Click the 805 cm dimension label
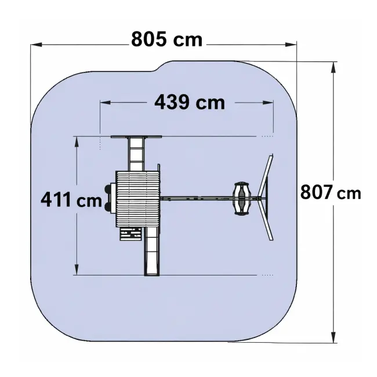pyautogui.click(x=167, y=39)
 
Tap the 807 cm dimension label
pyautogui.click(x=331, y=193)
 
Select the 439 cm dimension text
pyautogui.click(x=190, y=102)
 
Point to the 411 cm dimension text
pyautogui.click(x=71, y=200)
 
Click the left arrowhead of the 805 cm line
pyautogui.click(x=37, y=45)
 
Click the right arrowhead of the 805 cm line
pyautogui.click(x=291, y=45)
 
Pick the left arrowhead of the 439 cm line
pyautogui.click(x=106, y=103)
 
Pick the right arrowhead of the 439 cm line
pyautogui.click(x=268, y=103)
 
